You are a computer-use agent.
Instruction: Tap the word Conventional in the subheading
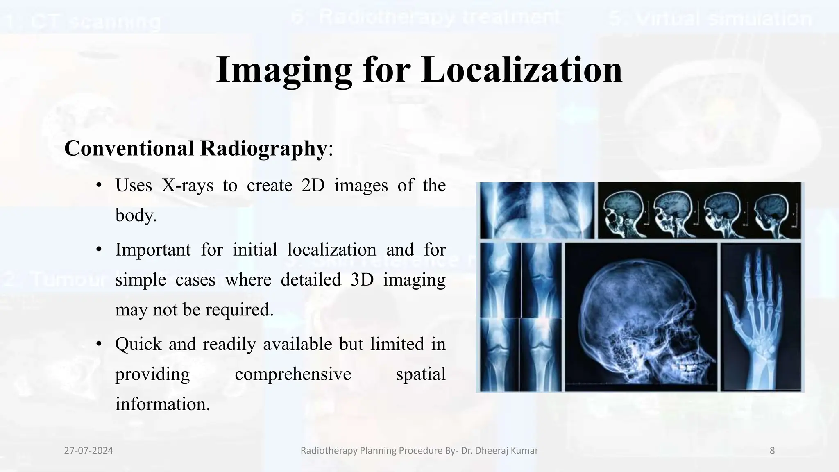129,148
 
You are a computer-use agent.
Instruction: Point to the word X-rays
187,186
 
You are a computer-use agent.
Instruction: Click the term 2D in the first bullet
313,186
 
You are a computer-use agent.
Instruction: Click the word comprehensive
293,374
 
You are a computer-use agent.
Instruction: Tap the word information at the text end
162,404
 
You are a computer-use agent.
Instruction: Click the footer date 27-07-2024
88,451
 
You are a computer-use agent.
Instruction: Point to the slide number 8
772,451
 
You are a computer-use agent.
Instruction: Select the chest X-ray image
537,210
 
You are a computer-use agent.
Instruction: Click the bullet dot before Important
98,250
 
